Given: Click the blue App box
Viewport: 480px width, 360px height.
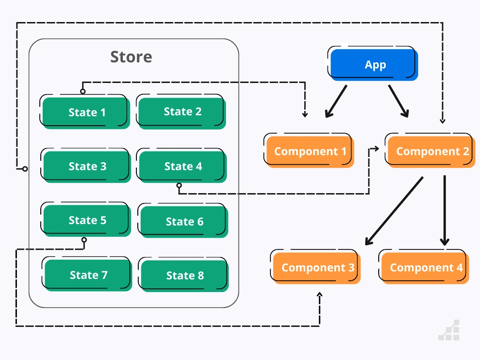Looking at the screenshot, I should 373,64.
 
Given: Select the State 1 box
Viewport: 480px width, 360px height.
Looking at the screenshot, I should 86,112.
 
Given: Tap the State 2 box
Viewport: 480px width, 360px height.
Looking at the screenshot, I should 182,112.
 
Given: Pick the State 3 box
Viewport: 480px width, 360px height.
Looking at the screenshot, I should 87,166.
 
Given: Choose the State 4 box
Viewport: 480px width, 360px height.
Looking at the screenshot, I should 182,166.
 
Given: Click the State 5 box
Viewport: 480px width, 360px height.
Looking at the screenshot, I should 87,220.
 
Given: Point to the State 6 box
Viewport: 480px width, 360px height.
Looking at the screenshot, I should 184,222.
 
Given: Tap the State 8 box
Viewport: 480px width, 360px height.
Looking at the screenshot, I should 184,276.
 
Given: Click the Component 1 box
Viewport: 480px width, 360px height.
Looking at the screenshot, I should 309,151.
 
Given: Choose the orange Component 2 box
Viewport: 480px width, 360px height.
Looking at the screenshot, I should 431,151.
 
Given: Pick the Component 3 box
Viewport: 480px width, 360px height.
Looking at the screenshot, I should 317,268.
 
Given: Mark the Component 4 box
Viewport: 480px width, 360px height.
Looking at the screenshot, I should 425,268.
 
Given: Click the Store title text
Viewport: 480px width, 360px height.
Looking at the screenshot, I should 131,57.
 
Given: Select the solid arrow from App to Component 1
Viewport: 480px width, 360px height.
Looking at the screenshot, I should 336,101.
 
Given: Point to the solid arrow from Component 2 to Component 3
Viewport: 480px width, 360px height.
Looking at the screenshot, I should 394,211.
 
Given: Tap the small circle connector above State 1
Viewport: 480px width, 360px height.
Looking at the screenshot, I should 83,91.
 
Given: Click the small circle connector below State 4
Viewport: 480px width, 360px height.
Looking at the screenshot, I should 179,186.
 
